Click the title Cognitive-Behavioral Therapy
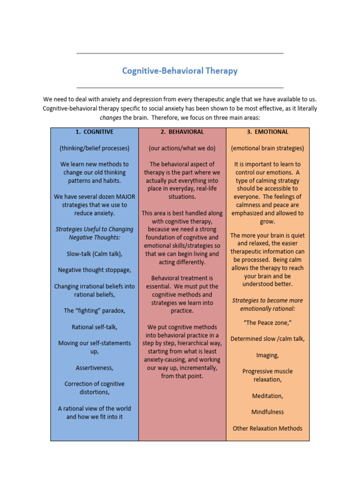tap(180, 71)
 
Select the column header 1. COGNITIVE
tap(95, 132)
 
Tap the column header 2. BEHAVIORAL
tap(182, 132)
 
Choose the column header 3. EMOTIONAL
tap(268, 132)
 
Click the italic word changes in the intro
tap(111, 117)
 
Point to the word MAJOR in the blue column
tap(123, 197)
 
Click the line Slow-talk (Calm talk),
tap(95, 254)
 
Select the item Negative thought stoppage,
tap(95, 270)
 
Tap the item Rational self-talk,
tap(95, 327)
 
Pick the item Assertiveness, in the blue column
tap(95, 367)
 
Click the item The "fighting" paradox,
tap(95, 310)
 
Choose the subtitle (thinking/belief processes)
tap(95, 148)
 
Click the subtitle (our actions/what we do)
tap(182, 148)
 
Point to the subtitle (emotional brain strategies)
tap(268, 148)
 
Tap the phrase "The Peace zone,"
tap(268, 322)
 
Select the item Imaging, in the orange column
tap(268, 355)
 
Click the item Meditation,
tap(268, 396)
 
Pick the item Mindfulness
tap(268, 412)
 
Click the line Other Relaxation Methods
tap(268, 428)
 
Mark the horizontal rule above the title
tap(180, 53)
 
